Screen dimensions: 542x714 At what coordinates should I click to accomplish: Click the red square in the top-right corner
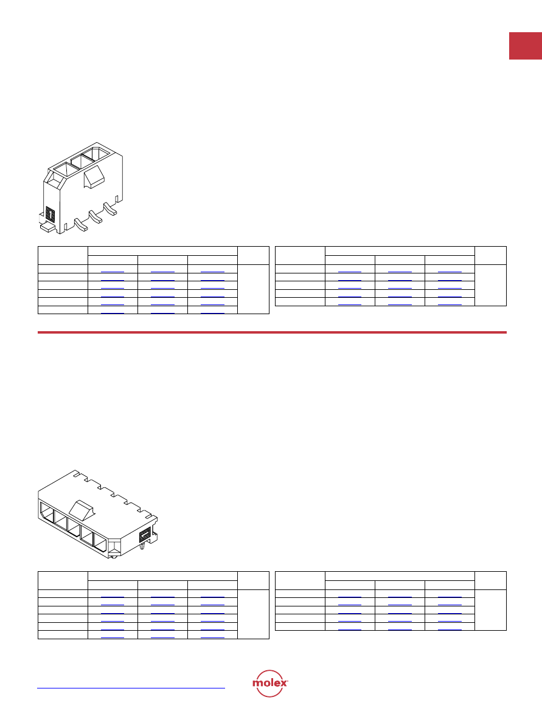tap(525, 46)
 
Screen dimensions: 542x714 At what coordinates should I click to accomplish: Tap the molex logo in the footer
tap(270, 683)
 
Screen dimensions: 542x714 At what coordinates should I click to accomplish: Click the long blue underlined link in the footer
tap(131, 688)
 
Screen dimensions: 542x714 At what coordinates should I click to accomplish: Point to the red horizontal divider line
tap(272, 332)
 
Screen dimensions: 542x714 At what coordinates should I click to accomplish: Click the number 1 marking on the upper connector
tap(50, 213)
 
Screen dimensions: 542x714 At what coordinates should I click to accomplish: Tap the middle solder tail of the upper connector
tap(95, 216)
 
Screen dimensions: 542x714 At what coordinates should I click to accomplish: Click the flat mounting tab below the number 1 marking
tap(48, 227)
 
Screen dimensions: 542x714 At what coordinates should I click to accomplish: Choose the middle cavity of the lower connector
tap(74, 527)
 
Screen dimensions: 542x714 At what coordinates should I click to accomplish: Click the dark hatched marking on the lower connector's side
tap(145, 535)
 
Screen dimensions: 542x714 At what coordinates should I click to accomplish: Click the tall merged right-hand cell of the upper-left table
tap(254, 289)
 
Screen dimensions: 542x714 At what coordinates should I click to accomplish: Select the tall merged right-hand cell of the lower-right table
tap(490, 610)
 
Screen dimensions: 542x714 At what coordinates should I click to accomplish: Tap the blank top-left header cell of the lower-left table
tap(63, 580)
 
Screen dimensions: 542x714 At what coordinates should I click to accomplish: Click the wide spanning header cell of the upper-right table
tap(400, 251)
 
